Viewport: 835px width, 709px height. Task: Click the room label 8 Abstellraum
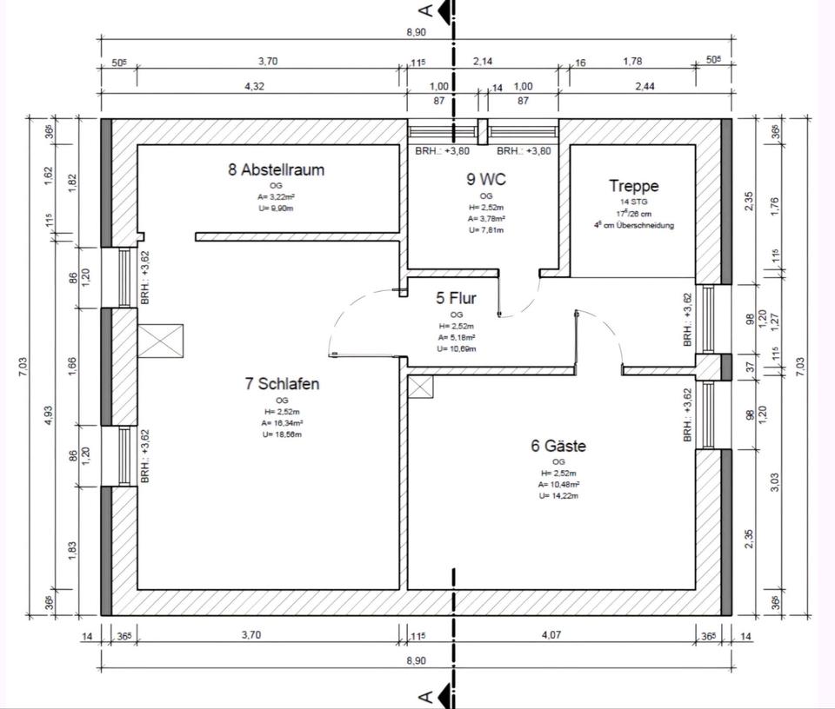[x=276, y=169]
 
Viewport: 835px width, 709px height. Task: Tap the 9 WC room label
[x=485, y=180]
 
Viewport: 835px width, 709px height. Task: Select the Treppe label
[x=633, y=186]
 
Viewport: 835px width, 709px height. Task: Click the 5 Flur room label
[x=456, y=299]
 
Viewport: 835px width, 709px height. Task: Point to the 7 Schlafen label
[x=282, y=383]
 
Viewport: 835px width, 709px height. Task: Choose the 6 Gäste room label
[x=558, y=446]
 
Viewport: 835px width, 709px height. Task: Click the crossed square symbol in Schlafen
[x=161, y=341]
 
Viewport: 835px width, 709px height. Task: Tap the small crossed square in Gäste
[x=421, y=388]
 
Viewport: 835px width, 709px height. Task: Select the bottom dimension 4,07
[x=551, y=635]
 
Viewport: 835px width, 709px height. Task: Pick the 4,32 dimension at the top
[x=253, y=86]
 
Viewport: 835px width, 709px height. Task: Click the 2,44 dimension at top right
[x=644, y=86]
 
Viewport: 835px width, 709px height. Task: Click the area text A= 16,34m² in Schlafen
[x=282, y=422]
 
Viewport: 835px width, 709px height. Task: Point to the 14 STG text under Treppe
[x=633, y=202]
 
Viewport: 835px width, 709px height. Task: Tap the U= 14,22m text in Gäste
[x=558, y=495]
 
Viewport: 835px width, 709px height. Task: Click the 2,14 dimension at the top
[x=483, y=62]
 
